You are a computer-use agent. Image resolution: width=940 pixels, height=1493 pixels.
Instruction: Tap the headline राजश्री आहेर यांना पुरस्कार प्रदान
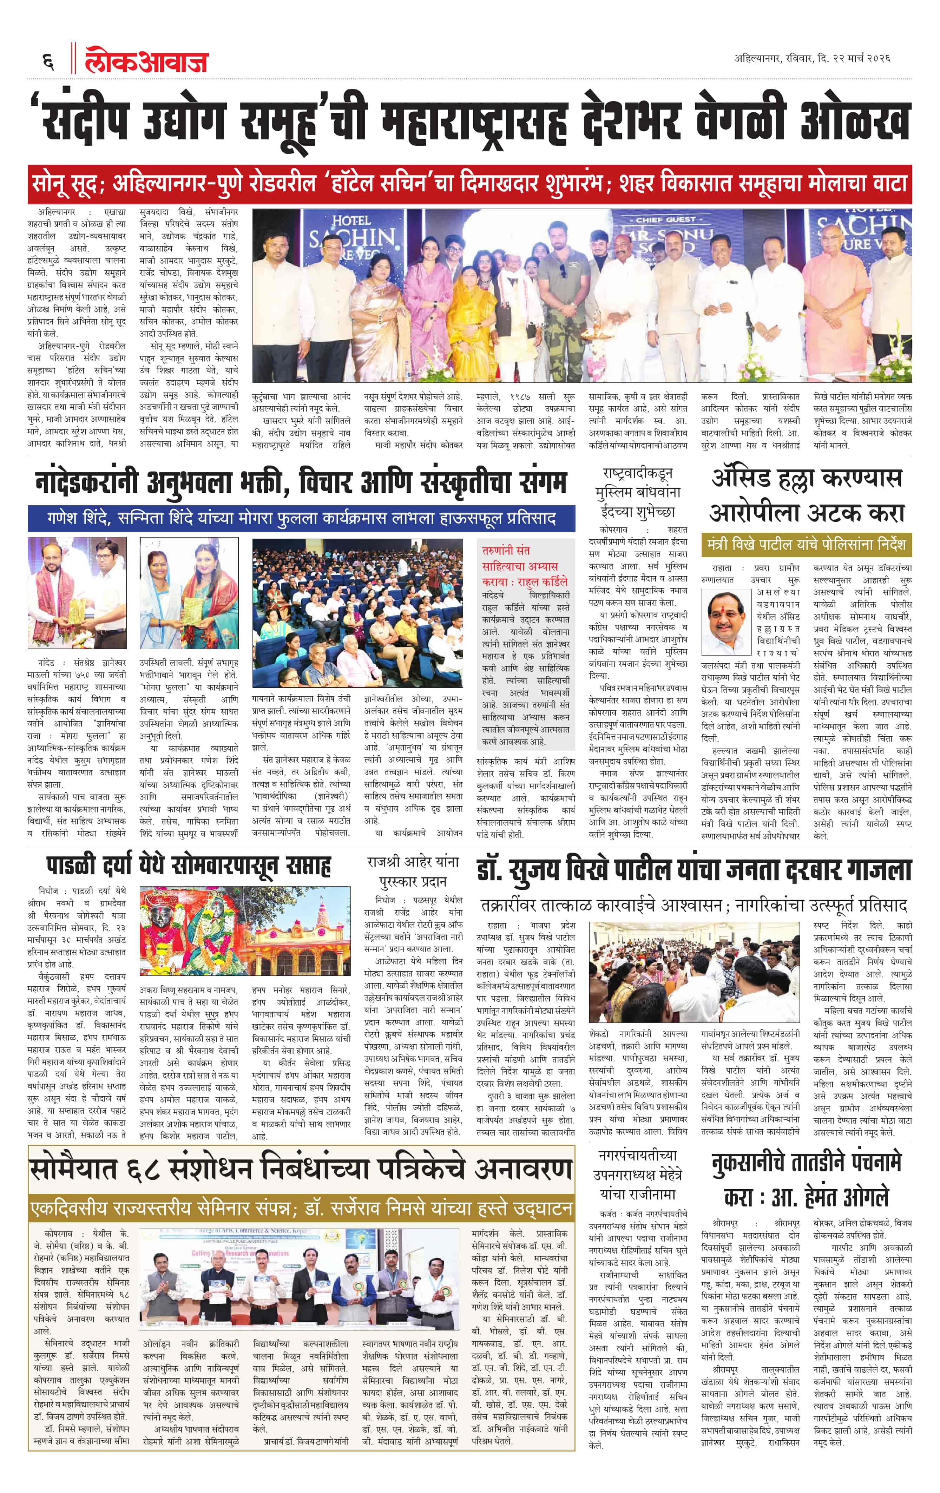(412, 871)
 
